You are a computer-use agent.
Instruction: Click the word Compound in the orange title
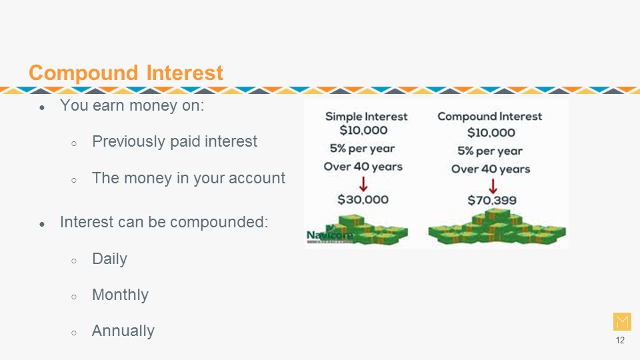tap(83, 73)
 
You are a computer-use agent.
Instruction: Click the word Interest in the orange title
tap(185, 73)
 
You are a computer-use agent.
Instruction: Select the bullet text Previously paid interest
tap(174, 141)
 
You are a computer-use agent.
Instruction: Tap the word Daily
tap(109, 259)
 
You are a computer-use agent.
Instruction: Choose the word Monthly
tap(120, 295)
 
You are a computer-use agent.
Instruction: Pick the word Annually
tap(123, 331)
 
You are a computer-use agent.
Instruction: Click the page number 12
tap(620, 341)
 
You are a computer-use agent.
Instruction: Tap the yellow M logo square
tap(622, 321)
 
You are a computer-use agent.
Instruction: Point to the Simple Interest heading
tap(366, 116)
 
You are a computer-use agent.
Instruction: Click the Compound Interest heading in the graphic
tap(490, 116)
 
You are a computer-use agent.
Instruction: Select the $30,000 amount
tap(363, 199)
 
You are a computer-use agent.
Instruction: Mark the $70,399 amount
tap(492, 200)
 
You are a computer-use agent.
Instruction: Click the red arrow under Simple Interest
tap(363, 184)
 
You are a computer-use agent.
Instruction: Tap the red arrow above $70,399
tap(493, 186)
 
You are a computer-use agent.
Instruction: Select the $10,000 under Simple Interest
tap(363, 130)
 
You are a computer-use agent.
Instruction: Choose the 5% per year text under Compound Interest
tap(490, 151)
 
